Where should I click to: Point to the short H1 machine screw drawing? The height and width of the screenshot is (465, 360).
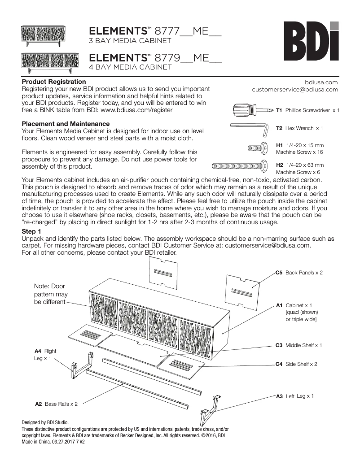click(256, 148)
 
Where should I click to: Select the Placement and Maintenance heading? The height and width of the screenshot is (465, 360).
click(66, 123)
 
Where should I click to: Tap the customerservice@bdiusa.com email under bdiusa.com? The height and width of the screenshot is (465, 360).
click(295, 90)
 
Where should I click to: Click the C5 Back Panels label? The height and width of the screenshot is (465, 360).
click(299, 273)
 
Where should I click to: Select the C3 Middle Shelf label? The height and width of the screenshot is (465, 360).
click(299, 345)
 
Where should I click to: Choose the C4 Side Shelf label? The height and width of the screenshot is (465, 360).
click(296, 364)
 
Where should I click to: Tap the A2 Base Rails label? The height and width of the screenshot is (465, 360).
click(57, 404)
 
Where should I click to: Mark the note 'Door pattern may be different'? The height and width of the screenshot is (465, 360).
click(51, 294)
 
